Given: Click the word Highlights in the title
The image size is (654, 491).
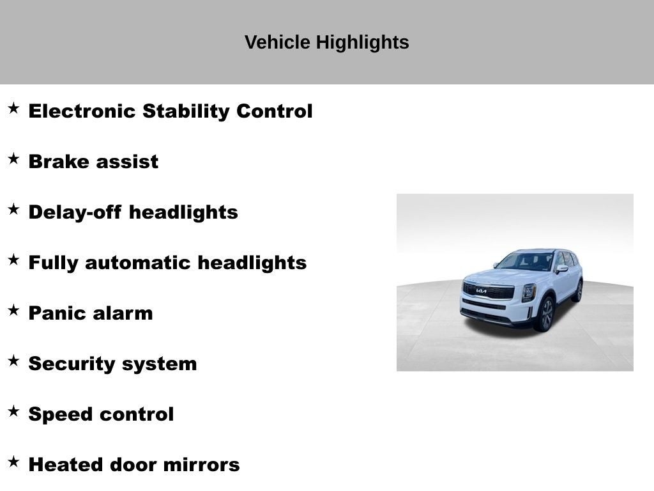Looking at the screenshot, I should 362,43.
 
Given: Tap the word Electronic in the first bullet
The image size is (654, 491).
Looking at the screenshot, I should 82,111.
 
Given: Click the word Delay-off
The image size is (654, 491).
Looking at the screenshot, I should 75,212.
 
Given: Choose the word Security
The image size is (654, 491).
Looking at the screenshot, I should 71,364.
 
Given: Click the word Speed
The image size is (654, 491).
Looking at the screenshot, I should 57,414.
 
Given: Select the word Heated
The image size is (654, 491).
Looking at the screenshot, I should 66,465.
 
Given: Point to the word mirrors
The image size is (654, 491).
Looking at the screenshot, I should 201,465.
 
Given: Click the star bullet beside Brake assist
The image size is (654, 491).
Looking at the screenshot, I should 13,159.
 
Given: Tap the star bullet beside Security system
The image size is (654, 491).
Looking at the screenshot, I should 13,361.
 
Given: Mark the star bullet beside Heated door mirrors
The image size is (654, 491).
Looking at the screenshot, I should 13,462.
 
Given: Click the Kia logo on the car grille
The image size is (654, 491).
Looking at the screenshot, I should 481,291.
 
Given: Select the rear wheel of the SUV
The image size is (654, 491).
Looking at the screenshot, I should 577,290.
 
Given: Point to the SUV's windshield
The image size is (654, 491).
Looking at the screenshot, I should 526,261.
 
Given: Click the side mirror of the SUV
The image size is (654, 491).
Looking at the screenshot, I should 561,269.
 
